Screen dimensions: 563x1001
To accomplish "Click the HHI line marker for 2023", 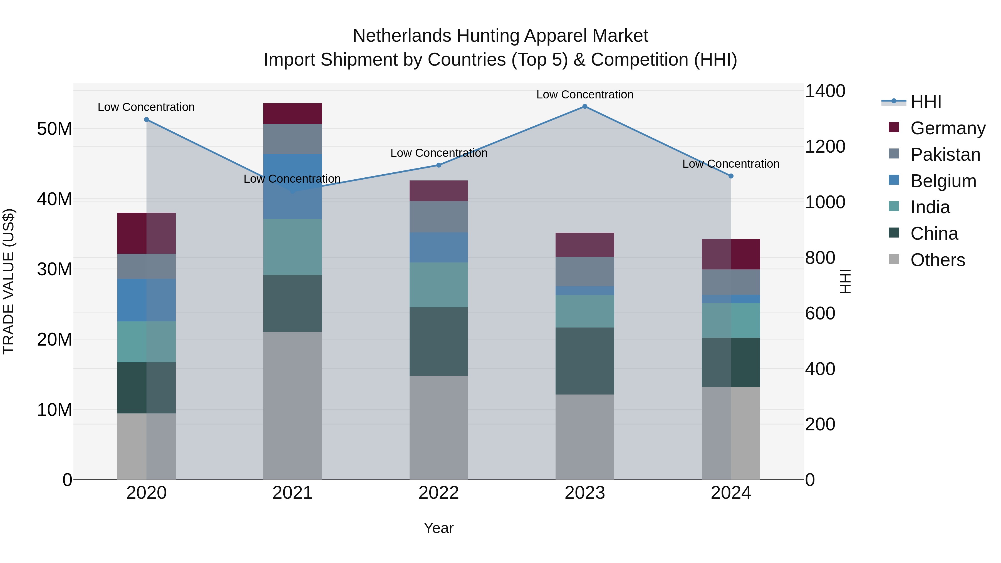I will [584, 106].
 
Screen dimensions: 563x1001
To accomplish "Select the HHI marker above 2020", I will [147, 120].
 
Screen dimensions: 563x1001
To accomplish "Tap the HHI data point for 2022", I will [439, 165].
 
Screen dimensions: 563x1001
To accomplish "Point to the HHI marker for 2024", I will [731, 176].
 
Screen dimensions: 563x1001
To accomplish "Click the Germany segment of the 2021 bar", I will [293, 113].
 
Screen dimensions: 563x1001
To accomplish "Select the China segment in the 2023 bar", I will [584, 361].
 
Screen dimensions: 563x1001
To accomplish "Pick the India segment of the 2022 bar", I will [439, 285].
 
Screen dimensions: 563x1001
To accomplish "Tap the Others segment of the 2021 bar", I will [293, 406].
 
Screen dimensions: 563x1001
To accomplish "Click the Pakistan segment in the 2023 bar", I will [584, 272].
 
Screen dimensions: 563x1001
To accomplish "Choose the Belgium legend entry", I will [943, 181].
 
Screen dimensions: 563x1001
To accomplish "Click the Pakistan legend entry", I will [945, 155].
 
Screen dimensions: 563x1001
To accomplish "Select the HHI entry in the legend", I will [926, 102].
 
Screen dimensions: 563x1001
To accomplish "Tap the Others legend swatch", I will [894, 259].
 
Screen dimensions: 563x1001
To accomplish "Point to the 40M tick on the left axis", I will [54, 199].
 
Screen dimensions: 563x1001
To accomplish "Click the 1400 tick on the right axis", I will [825, 91].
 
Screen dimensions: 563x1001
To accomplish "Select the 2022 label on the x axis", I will [439, 493].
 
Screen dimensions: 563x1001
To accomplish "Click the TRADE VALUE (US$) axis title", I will [9, 281].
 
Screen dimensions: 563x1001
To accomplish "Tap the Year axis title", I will [439, 528].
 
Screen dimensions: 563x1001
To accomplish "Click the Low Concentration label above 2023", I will [584, 95].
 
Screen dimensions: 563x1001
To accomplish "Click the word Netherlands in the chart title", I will [402, 36].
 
